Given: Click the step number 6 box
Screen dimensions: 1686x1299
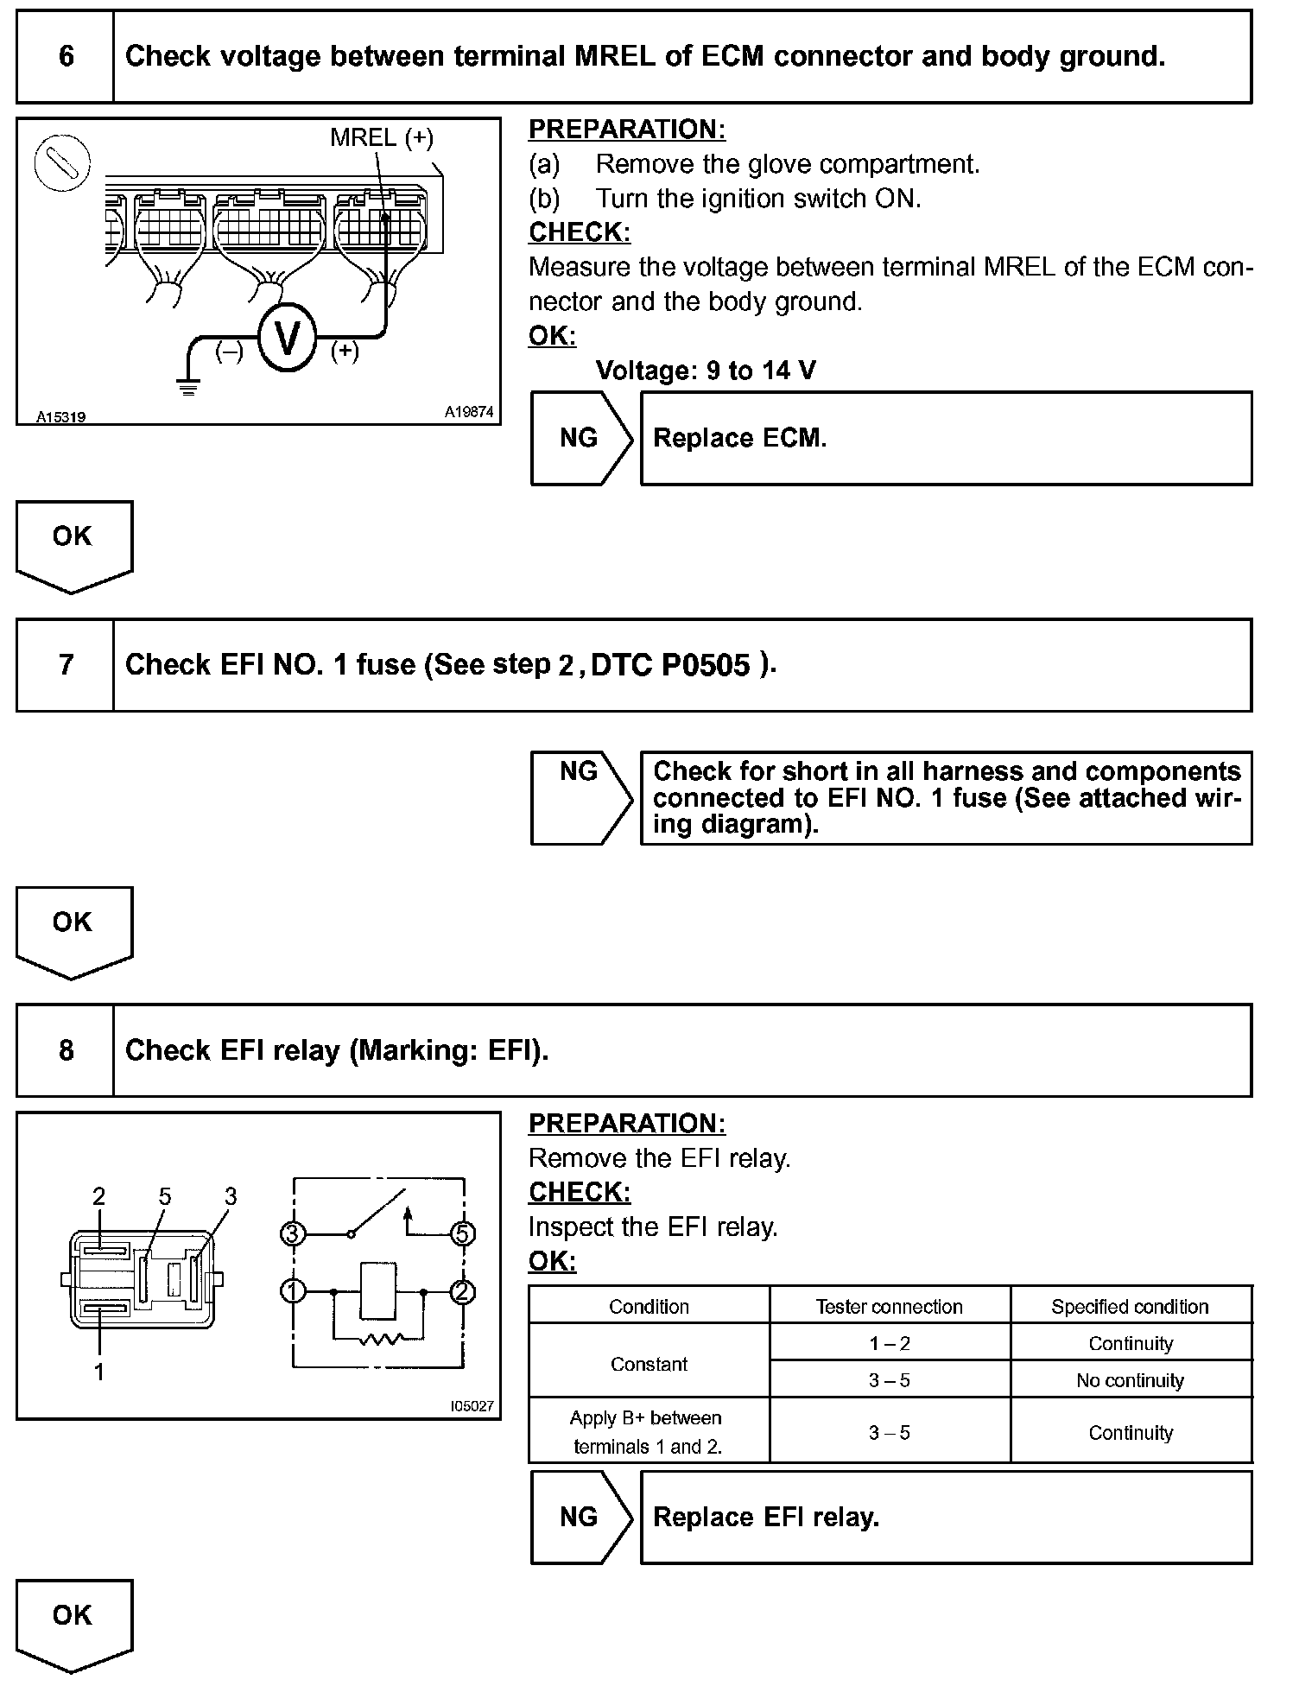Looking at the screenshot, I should click(66, 57).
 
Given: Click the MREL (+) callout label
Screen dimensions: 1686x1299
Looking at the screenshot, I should click(381, 137).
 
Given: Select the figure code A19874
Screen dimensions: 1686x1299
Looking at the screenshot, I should click(469, 413).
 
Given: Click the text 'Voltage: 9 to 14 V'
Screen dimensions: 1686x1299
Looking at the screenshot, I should click(706, 371).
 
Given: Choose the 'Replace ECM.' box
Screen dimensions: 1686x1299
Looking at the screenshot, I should click(946, 438).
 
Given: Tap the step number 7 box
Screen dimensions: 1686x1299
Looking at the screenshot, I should click(66, 665).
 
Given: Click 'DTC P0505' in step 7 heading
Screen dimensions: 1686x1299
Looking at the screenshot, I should click(670, 665).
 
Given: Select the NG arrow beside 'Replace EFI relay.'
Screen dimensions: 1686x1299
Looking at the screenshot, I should click(581, 1518).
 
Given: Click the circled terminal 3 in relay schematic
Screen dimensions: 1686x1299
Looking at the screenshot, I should click(293, 1233).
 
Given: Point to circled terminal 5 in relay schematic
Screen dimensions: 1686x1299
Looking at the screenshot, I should click(464, 1233).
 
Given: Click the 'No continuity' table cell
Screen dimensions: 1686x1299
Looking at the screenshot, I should click(1130, 1380).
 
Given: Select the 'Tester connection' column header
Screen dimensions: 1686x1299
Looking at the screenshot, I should click(889, 1307).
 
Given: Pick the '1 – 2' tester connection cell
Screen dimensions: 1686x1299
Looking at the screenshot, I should click(889, 1344).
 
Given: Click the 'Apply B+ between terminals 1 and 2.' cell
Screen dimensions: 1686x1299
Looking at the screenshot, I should click(648, 1432).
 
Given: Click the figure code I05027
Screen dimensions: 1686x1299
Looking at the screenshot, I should click(472, 1406).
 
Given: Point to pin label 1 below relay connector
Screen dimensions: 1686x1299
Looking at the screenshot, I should click(99, 1372).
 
